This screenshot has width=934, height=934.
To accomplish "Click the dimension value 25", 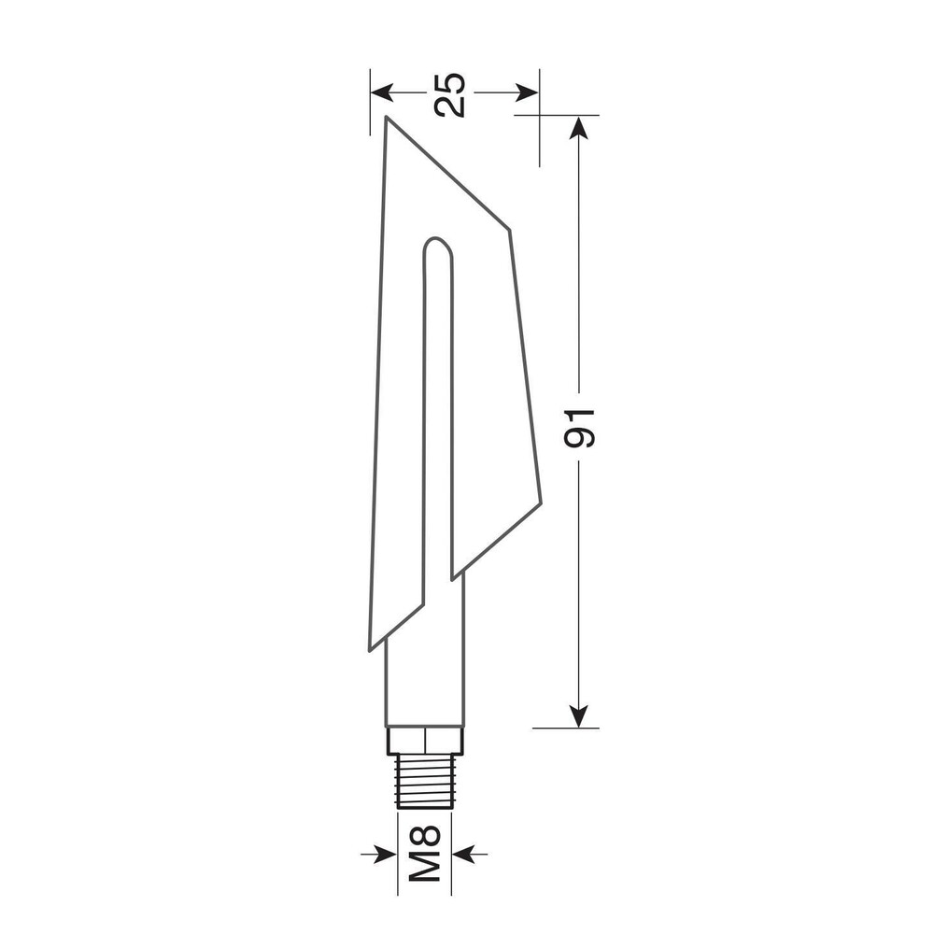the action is point(450,94).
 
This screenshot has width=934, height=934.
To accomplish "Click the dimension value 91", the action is point(579,428).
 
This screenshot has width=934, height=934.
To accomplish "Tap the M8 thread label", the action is point(425,854).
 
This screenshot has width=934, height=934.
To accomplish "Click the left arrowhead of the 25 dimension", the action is point(382,92).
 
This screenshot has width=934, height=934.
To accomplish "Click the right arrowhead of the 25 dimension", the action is point(527,92).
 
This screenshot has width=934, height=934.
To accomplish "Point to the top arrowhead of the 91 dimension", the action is point(578,127).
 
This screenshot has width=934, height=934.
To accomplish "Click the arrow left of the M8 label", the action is point(379,854).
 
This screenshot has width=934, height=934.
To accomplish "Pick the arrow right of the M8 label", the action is point(470,854).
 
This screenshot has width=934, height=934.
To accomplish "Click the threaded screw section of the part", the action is point(425,782).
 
